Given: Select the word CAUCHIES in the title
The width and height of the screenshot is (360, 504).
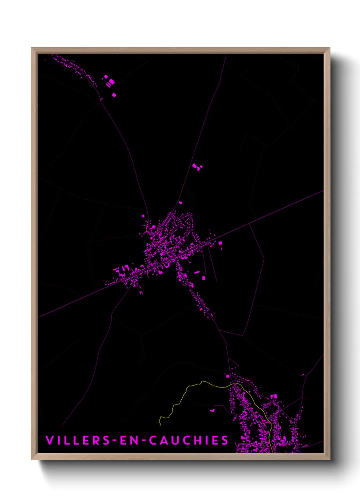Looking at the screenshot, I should pos(189,440).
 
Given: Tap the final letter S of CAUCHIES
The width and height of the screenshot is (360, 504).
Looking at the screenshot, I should pos(225,440).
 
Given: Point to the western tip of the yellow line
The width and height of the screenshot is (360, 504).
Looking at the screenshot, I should pos(160,425).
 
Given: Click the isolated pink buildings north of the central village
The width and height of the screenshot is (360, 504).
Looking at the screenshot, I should pos(197,167).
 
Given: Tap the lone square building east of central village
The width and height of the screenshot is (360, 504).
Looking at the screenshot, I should pos(220,243).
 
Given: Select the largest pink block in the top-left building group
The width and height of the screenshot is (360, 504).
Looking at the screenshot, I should pos(111,82).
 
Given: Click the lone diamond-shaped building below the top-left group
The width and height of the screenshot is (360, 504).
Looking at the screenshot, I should pos(114,95).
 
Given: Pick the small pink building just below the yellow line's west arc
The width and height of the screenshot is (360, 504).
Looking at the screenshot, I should pos(212,410).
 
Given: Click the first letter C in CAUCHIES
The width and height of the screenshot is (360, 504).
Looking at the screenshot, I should pos(153,440).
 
